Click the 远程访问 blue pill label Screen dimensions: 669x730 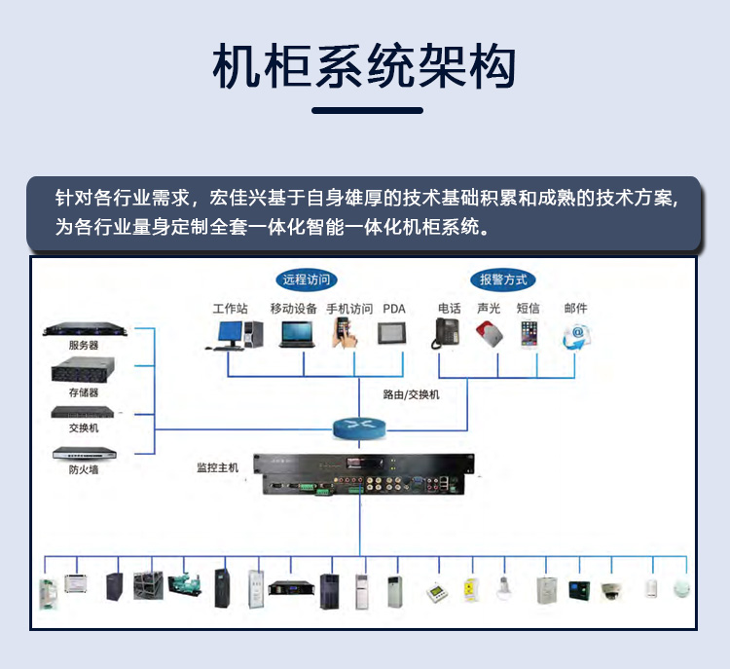tap(306, 279)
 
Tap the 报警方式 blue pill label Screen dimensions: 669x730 tap(502, 279)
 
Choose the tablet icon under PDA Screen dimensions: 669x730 tap(392, 333)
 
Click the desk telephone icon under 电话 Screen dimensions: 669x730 tap(447, 333)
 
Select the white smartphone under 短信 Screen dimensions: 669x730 tap(529, 334)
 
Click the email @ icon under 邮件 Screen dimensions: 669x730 tap(576, 335)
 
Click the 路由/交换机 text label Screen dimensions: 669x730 tap(411, 394)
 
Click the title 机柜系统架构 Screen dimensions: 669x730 tap(365, 67)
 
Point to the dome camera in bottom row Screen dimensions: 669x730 tap(610, 588)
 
